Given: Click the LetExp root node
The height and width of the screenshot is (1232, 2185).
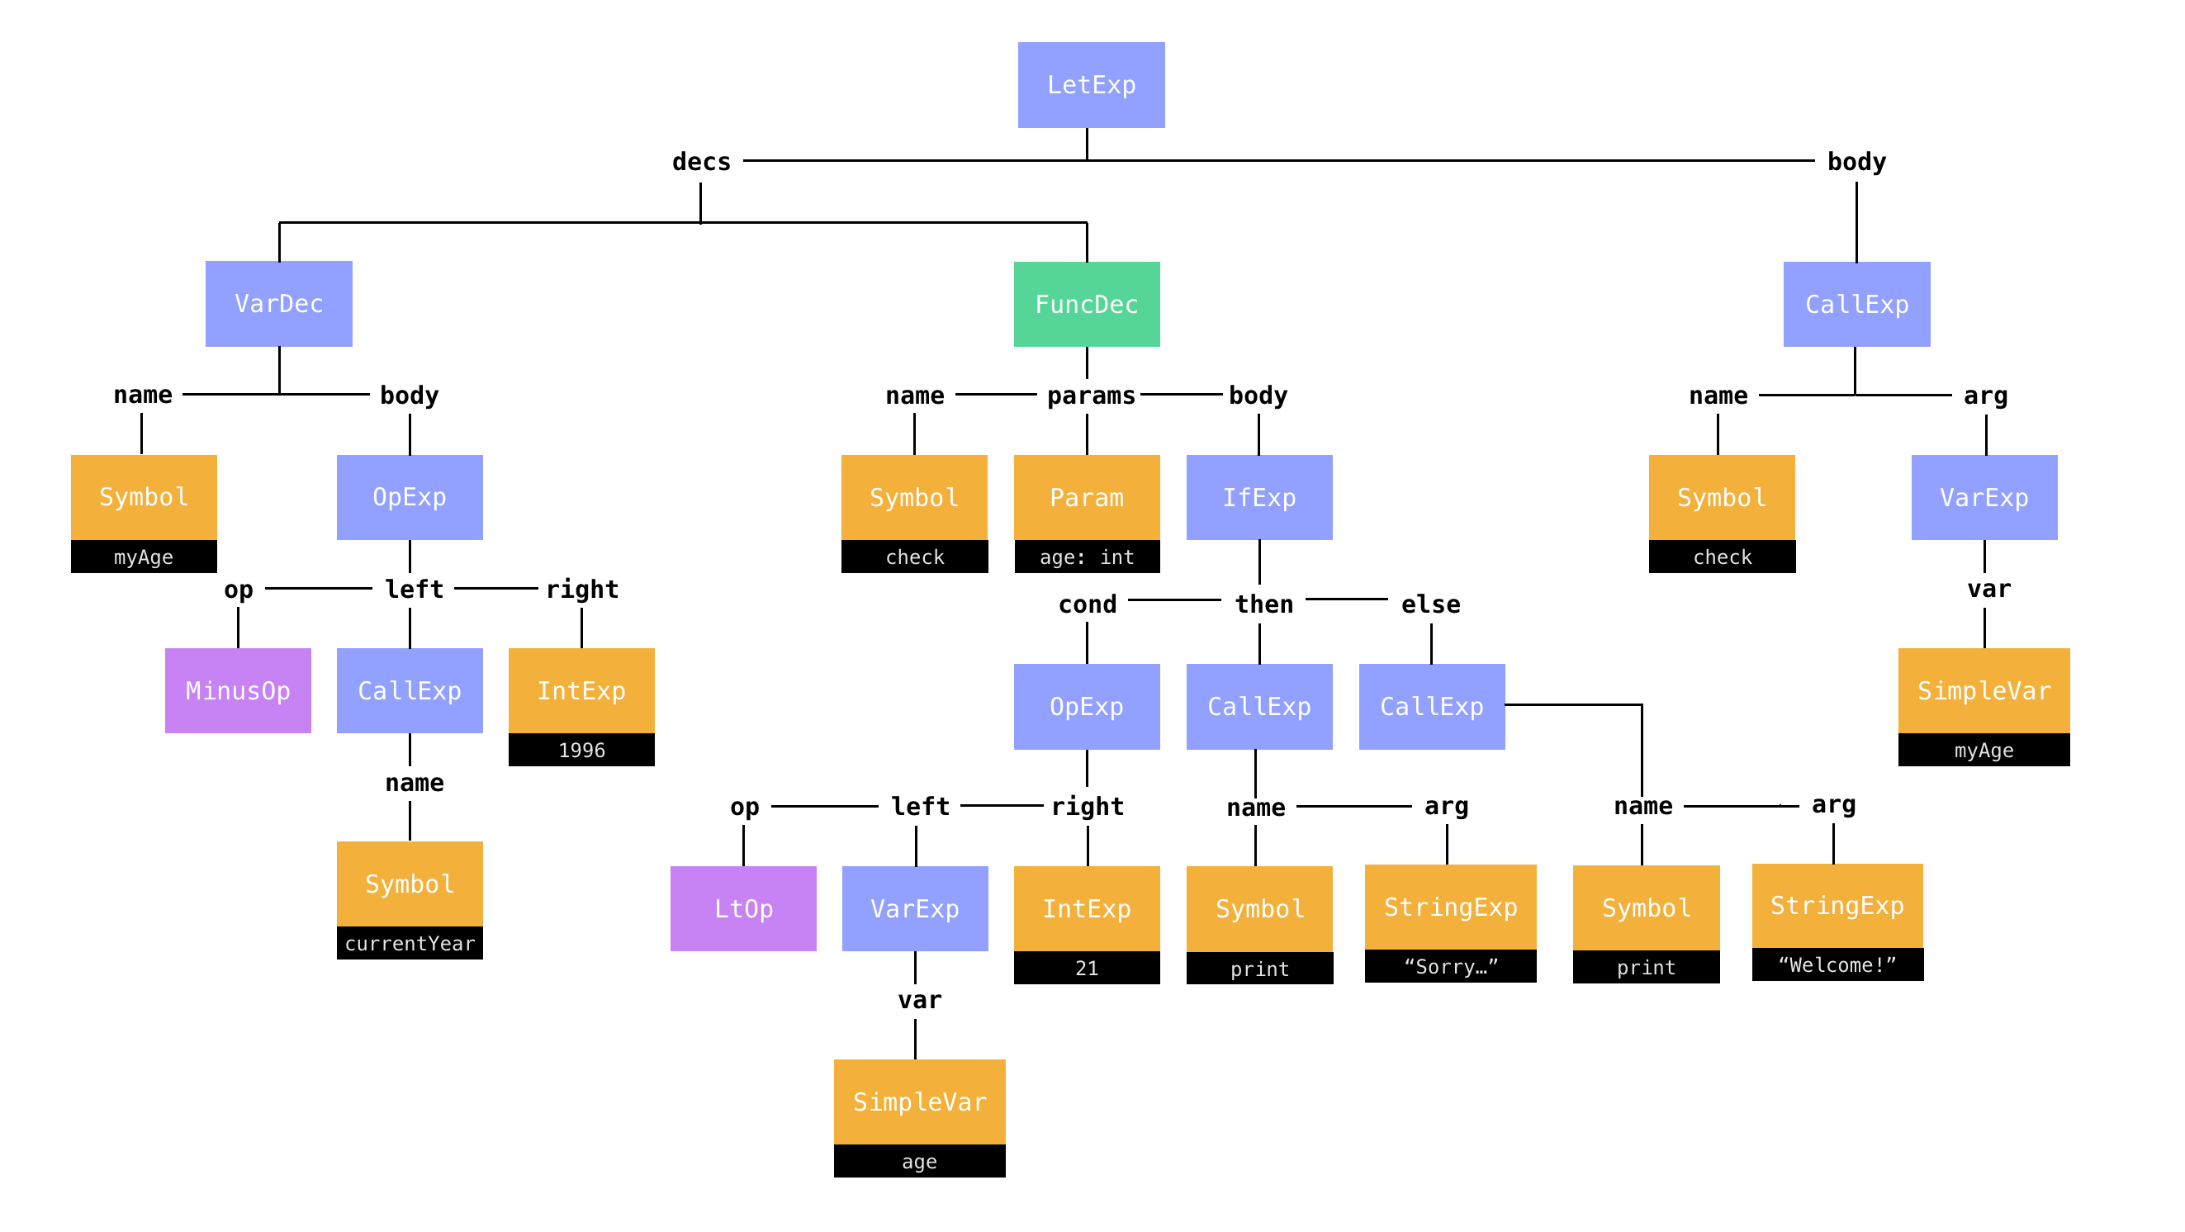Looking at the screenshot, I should coord(1091,85).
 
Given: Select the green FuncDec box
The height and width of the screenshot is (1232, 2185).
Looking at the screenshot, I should coord(1087,305).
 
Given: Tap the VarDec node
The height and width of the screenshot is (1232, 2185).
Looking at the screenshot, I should coord(278,304).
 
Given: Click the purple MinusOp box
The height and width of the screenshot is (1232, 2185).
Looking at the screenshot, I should coord(238,691).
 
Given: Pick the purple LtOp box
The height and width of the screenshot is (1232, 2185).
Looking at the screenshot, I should coord(743,909).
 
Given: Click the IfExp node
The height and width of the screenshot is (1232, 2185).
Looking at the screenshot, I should coord(1258,498).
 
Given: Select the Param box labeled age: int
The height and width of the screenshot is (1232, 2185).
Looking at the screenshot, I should coord(1087,498).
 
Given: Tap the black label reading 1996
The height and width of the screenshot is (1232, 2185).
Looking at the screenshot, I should coord(581,751).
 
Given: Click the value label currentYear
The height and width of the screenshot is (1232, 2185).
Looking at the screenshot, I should coord(410,944).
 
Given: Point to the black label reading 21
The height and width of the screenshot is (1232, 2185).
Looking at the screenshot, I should coord(1087,969).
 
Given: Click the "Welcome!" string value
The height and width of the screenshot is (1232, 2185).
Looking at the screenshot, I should coord(1837,965).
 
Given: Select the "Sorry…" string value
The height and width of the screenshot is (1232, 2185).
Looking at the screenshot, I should coord(1450,967).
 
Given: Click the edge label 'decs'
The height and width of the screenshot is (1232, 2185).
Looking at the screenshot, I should coord(700,162).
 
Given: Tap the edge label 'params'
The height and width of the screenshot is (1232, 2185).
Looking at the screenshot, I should coord(1091,396).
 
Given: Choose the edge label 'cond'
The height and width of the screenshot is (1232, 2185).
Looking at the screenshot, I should coord(1088,604).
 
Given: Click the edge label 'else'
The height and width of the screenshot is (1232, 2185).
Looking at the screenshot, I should coord(1430,604).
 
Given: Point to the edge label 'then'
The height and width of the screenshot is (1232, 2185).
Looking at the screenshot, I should coord(1263,604).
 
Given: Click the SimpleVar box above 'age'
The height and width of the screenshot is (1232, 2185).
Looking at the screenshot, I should coord(919,1102).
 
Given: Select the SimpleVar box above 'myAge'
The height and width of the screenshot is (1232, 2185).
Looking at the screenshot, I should coord(1984,691).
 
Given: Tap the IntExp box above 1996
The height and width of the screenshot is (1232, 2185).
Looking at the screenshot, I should coord(581,691).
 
